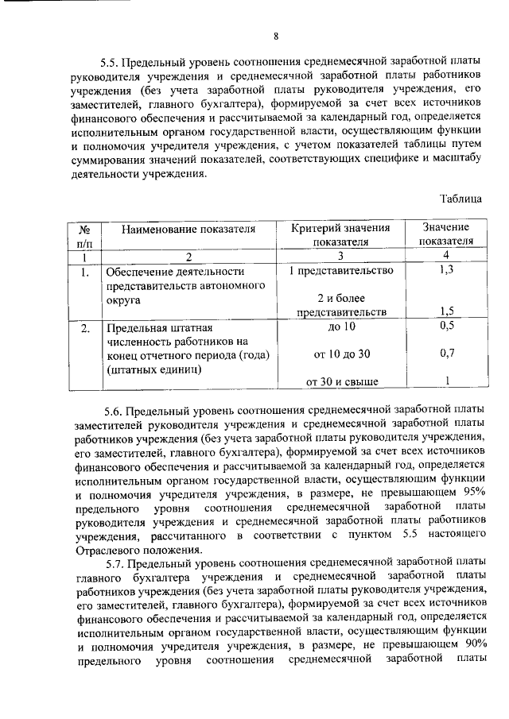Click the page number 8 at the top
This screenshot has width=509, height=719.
coord(276,36)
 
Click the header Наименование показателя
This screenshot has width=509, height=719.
coord(188,229)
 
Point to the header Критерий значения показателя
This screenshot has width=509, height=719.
coord(340,235)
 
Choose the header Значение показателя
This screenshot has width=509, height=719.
coord(446,235)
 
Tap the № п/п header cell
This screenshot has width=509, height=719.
coord(84,235)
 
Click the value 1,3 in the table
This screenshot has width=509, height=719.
coord(446,271)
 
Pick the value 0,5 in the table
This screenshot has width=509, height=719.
coord(446,327)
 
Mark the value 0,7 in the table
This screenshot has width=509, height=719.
coord(446,352)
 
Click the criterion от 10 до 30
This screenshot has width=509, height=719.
coord(342,353)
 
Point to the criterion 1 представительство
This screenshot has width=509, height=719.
coord(340,271)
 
